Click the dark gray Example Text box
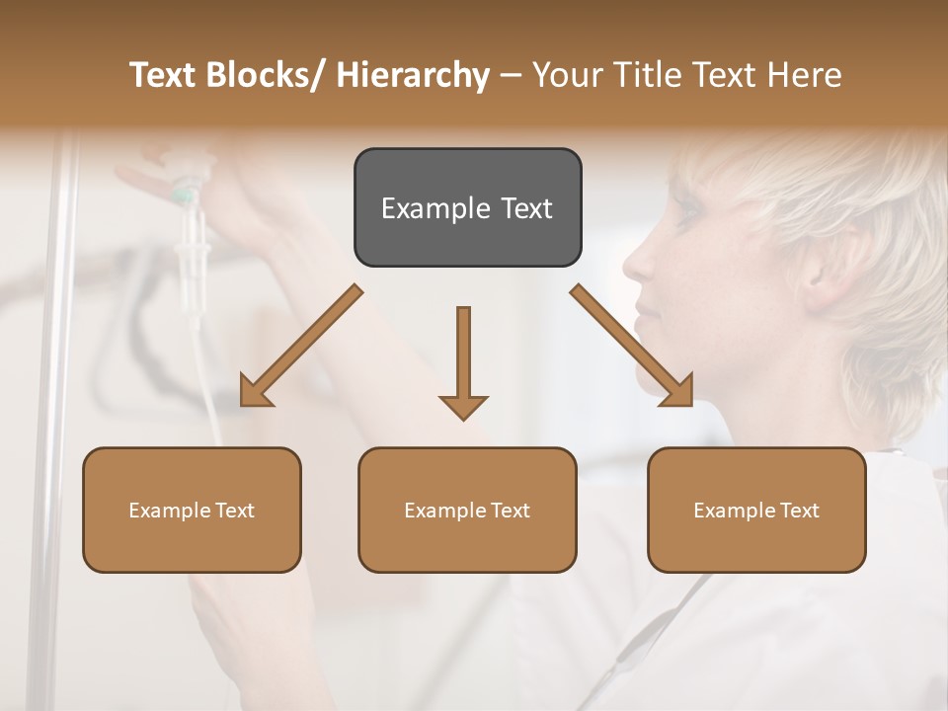point(467,207)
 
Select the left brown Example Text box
point(192,510)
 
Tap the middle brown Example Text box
point(467,510)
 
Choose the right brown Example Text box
point(756,510)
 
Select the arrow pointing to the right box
point(632,346)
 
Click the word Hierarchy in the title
point(412,75)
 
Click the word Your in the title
point(564,75)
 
